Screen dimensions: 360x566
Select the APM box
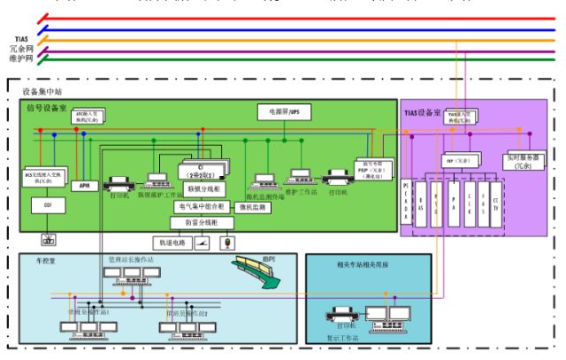pyautogui.click(x=86, y=185)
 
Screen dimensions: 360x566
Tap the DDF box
pyautogui.click(x=48, y=208)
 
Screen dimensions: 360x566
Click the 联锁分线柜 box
pyautogui.click(x=205, y=189)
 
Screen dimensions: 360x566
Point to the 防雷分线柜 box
pyautogui.click(x=204, y=223)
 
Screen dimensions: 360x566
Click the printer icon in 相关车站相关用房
pyautogui.click(x=340, y=315)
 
